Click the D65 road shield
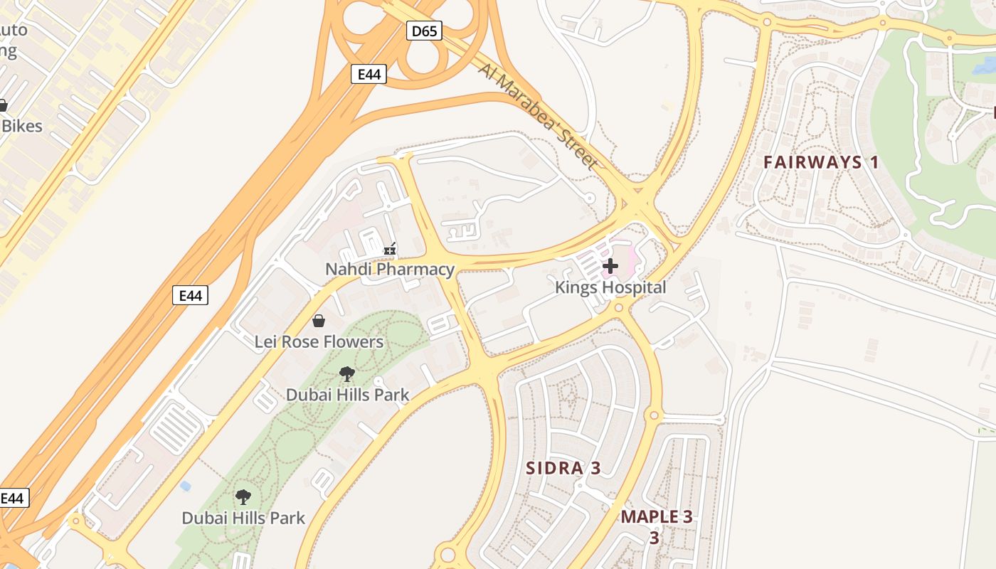(x=425, y=31)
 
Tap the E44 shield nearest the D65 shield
(x=369, y=74)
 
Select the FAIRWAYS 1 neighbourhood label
(x=821, y=162)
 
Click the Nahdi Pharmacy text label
(x=389, y=270)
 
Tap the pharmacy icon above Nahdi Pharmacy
(x=390, y=249)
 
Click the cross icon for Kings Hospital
(x=610, y=267)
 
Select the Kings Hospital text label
(x=610, y=287)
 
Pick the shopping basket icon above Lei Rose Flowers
(x=319, y=321)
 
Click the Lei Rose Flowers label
(x=319, y=342)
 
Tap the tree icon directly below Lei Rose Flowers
(x=347, y=374)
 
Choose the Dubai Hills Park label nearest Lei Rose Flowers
(x=347, y=395)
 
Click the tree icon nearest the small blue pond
(x=243, y=497)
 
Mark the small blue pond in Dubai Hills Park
(x=186, y=486)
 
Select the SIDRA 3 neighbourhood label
(x=563, y=468)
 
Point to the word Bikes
(x=21, y=127)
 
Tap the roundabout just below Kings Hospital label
(x=618, y=308)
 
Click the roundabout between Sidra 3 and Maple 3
(x=653, y=415)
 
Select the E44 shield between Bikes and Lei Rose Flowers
(x=191, y=295)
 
